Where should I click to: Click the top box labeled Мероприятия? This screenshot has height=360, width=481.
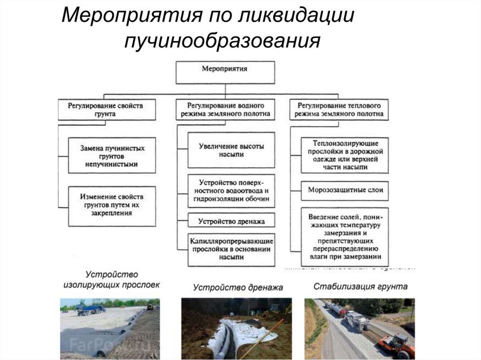225,72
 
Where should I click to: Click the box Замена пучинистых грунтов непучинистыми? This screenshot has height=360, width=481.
112,156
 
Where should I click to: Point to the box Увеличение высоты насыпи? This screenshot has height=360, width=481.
231,150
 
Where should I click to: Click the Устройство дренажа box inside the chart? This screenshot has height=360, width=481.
231,220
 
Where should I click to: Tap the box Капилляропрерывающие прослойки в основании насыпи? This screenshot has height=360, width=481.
231,249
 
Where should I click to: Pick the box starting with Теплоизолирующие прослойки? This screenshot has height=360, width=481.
345,155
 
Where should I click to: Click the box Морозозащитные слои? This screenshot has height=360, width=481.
345,190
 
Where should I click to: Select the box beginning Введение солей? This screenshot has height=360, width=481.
345,237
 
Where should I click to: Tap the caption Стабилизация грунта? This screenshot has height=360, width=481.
361,286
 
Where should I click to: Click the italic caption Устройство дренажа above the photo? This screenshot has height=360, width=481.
238,287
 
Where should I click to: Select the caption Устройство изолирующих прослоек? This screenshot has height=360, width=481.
111,279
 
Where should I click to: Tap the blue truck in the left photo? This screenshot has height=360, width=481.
92,309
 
